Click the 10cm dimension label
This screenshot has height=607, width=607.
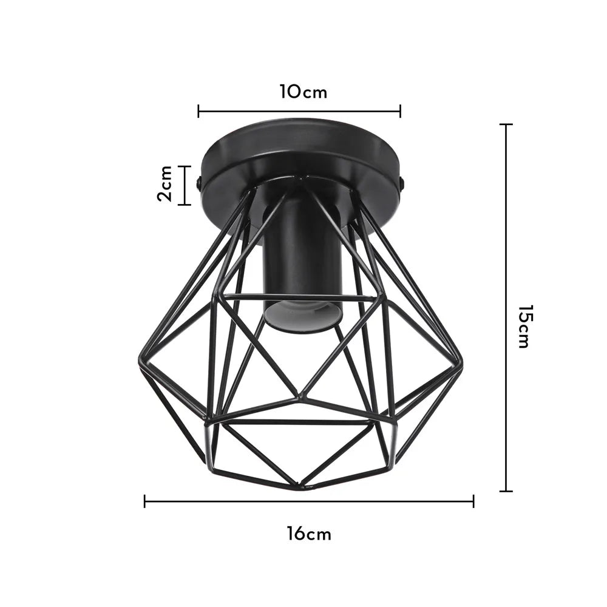(x=303, y=92)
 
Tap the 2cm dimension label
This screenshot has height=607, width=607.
(x=164, y=185)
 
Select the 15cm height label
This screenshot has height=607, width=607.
(x=523, y=326)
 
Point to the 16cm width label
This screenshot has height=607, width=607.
(x=309, y=534)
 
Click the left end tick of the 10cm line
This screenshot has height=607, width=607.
(x=198, y=111)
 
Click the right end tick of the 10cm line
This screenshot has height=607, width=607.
(x=400, y=111)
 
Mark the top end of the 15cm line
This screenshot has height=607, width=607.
(x=506, y=124)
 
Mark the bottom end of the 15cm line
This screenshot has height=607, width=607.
(x=506, y=490)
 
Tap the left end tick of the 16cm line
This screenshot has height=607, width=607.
(x=144, y=501)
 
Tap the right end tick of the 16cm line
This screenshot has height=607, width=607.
(x=473, y=501)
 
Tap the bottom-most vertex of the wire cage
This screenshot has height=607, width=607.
(x=302, y=486)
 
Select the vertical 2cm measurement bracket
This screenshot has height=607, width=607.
(x=185, y=185)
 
